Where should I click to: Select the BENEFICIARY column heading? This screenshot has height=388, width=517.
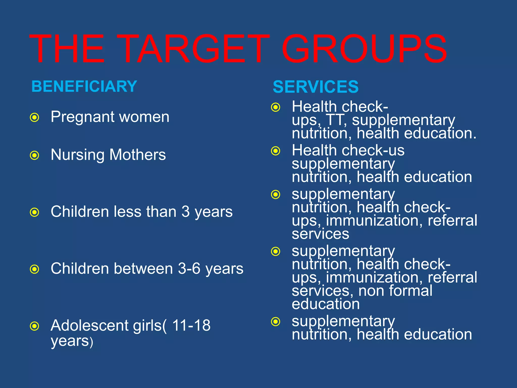(84, 86)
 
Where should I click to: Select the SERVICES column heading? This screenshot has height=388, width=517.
(316, 87)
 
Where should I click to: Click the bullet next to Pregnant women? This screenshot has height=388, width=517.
(35, 117)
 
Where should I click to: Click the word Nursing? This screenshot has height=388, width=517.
(77, 155)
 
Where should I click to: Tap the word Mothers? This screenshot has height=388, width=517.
(138, 155)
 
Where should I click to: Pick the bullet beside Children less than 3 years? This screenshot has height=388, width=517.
(35, 212)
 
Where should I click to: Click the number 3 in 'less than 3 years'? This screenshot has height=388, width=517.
(186, 212)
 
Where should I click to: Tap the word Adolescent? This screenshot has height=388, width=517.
(90, 325)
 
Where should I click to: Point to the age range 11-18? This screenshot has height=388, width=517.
(191, 325)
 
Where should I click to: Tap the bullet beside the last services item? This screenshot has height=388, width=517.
(276, 322)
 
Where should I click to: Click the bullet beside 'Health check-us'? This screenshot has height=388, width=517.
(276, 151)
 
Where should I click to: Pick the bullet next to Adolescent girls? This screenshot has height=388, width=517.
(35, 326)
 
